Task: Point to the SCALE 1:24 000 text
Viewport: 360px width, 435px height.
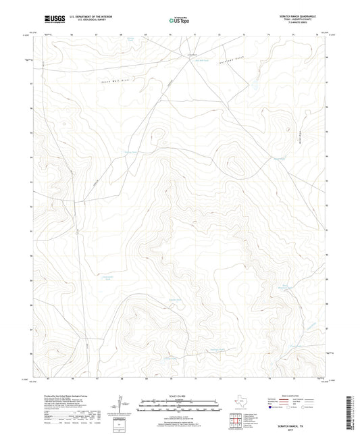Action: [180, 396]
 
